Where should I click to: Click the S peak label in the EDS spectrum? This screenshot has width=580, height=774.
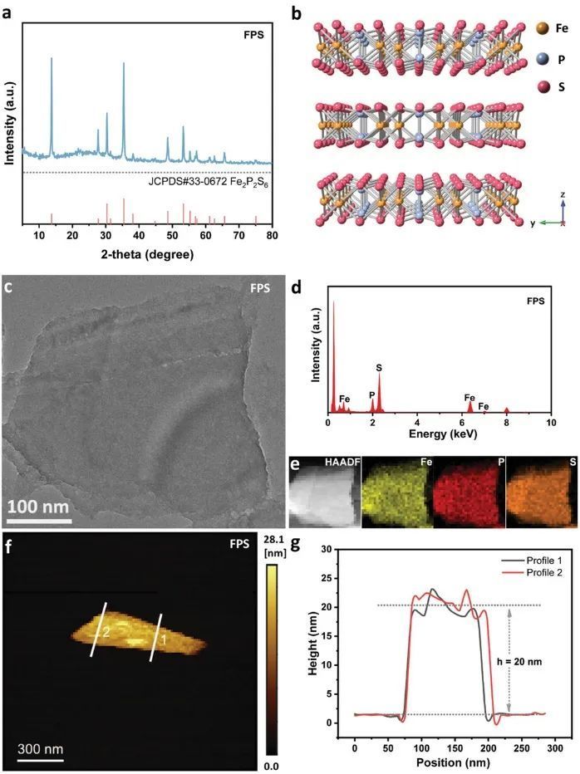pyautogui.click(x=380, y=365)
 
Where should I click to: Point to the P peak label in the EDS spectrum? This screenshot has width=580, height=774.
pyautogui.click(x=371, y=395)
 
